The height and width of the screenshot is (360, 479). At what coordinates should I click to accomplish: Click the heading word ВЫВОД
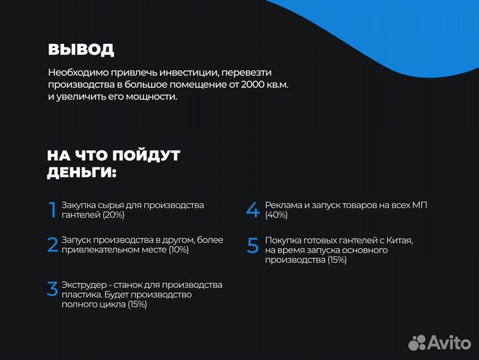[81, 49]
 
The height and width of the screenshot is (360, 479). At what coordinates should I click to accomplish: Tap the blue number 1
[53, 210]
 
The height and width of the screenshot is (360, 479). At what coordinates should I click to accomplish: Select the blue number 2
[53, 245]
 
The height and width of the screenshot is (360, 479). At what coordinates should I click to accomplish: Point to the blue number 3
[53, 289]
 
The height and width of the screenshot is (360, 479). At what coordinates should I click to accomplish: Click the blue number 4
[252, 210]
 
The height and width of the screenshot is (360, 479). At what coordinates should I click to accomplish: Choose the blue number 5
[252, 245]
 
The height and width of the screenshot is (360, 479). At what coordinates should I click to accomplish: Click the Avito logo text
[449, 343]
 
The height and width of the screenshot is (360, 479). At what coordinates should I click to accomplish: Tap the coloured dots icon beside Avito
[417, 343]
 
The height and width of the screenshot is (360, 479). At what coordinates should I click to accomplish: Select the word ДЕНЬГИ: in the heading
[81, 173]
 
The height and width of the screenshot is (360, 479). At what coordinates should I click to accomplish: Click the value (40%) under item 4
[276, 215]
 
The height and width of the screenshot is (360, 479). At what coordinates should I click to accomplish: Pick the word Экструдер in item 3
[83, 285]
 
